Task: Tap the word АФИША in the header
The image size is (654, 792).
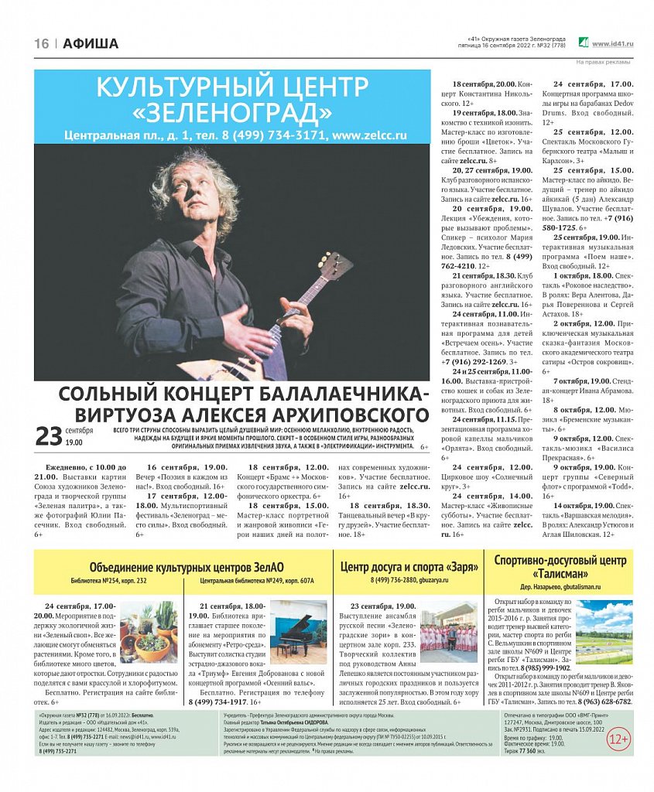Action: [x=91, y=44]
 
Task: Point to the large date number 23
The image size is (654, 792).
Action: [x=49, y=437]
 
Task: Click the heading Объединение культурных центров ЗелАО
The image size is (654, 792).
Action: [x=182, y=566]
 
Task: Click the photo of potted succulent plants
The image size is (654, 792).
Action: [x=147, y=631]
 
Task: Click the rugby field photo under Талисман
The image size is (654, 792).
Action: [x=604, y=632]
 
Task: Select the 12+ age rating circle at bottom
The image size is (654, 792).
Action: [x=618, y=739]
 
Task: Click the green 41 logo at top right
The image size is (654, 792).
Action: [x=584, y=43]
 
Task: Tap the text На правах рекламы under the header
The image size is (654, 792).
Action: [x=603, y=63]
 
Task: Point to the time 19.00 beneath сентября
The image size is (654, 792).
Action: [x=74, y=443]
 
